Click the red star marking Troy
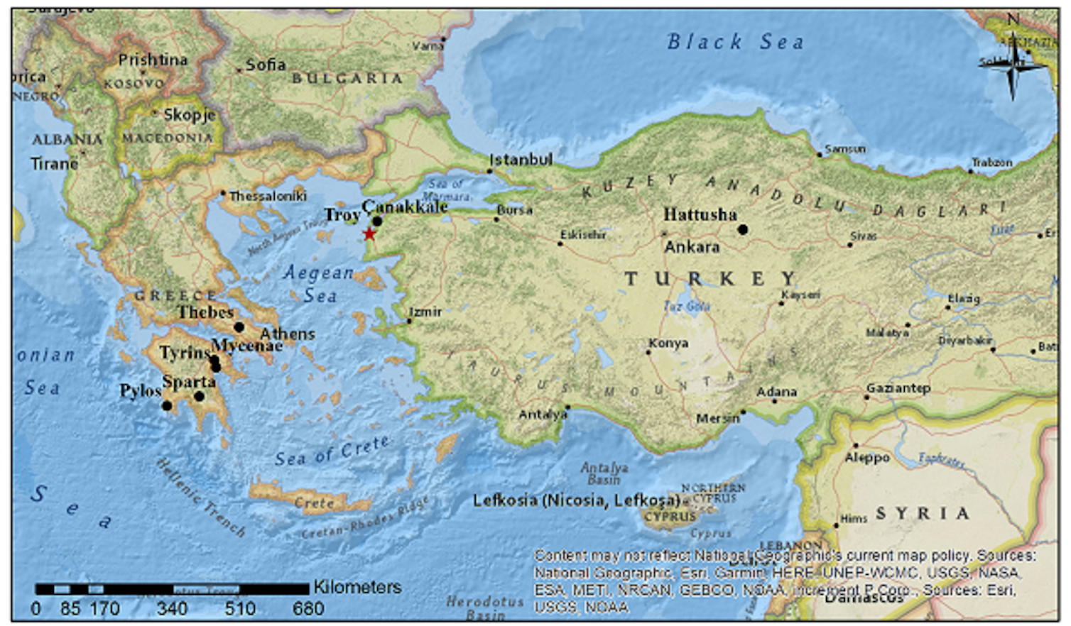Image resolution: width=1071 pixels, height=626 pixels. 369,234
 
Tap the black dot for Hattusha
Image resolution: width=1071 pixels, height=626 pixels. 742,229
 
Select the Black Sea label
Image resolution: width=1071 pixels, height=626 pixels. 735,43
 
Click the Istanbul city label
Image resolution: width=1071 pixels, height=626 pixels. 521,160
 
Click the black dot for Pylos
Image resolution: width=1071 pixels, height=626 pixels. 167,406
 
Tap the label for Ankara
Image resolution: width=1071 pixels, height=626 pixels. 692,247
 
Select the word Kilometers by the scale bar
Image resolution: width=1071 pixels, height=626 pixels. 357,587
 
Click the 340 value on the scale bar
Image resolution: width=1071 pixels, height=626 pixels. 172,608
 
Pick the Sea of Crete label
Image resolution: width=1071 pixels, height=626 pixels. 332,451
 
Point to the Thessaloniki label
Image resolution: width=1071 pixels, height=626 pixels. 268,196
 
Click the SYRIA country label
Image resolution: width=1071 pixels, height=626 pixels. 922,513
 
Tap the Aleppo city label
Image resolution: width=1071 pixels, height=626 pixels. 866,458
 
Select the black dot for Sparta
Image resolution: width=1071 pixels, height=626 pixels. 200,396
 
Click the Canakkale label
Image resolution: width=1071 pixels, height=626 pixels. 405,207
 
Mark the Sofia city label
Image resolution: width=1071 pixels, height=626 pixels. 265,65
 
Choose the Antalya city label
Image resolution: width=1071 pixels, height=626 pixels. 543,414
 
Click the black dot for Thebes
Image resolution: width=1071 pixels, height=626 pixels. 239,327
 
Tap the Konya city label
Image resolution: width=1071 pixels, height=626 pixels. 668,344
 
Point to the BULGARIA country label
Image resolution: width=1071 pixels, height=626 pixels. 347,78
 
